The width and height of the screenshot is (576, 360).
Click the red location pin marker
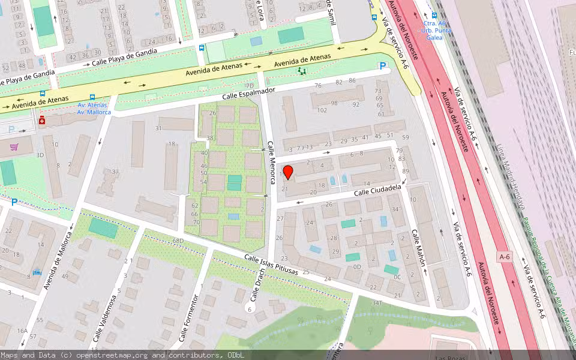[288, 172]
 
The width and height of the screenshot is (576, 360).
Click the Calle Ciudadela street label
[377, 190]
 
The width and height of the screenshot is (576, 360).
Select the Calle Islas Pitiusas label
[271, 265]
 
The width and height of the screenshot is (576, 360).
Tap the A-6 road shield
[505, 256]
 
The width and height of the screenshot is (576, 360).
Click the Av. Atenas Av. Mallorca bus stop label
[94, 109]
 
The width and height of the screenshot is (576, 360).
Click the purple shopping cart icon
[13, 146]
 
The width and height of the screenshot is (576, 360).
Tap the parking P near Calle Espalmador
[382, 66]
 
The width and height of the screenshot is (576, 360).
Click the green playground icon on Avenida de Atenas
[301, 71]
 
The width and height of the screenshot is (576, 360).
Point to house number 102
[322, 110]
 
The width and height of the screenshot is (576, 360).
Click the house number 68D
[178, 241]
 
